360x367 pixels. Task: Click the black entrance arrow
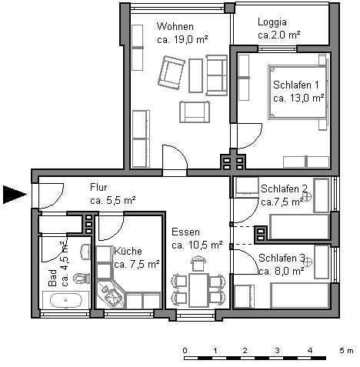pyautogui.click(x=14, y=195)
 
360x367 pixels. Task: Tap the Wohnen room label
pyautogui.click(x=175, y=26)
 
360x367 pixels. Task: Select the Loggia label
pyautogui.click(x=272, y=22)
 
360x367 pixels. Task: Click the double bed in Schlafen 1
pyautogui.click(x=298, y=92)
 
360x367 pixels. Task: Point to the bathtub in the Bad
pyautogui.click(x=66, y=300)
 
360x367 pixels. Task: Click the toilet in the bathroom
pyautogui.click(x=82, y=279)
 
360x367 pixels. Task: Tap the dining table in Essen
pyautogui.click(x=198, y=290)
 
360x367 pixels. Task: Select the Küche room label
pyautogui.click(x=128, y=251)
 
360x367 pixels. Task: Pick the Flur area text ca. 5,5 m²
pyautogui.click(x=112, y=200)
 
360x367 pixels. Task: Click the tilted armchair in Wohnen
pyautogui.click(x=172, y=72)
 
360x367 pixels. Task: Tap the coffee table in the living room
pyautogui.click(x=195, y=75)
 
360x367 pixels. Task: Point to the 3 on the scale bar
pyautogui.click(x=277, y=350)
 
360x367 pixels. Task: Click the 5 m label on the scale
pyautogui.click(x=346, y=350)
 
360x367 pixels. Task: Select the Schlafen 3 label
pyautogui.click(x=282, y=258)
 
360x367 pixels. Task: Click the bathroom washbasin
pyautogui.click(x=85, y=252)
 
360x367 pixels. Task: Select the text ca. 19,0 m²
pyautogui.click(x=182, y=40)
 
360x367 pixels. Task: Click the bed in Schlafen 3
pyautogui.click(x=300, y=295)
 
